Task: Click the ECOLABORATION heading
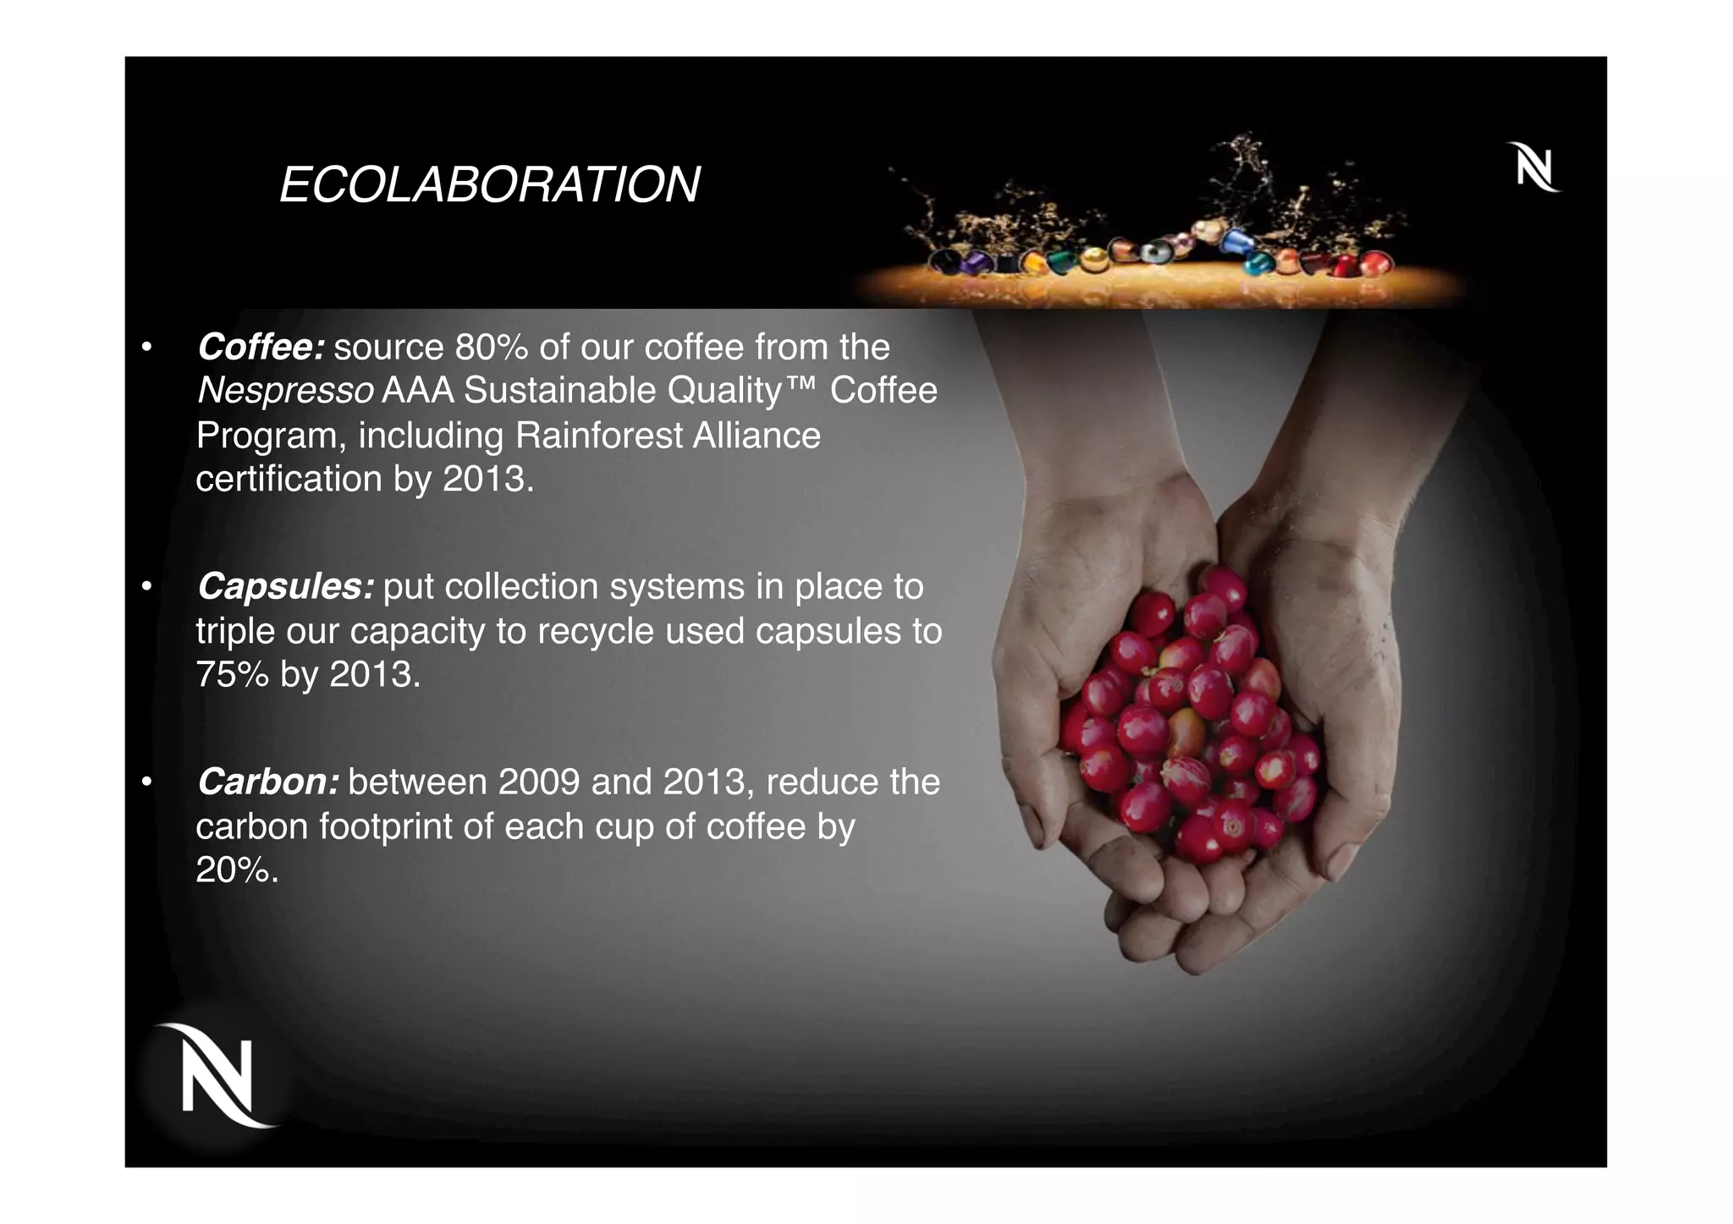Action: (489, 184)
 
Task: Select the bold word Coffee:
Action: (261, 347)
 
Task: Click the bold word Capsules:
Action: (285, 586)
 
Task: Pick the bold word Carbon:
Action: (268, 782)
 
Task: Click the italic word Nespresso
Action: (285, 391)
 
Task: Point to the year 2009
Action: (539, 782)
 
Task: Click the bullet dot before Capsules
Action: (146, 587)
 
